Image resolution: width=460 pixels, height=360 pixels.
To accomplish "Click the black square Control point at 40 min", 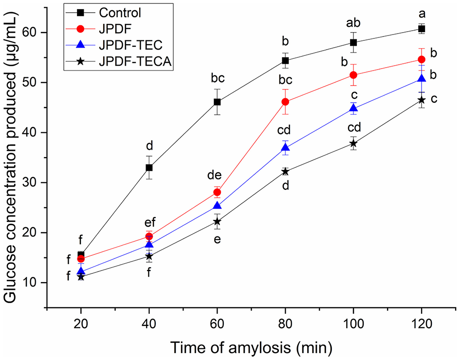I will (x=149, y=167).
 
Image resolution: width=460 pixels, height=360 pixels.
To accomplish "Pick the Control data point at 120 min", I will (x=422, y=29).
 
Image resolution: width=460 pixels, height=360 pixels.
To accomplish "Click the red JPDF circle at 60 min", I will (x=217, y=192).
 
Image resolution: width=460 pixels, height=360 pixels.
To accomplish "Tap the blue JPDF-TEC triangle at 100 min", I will (x=353, y=108).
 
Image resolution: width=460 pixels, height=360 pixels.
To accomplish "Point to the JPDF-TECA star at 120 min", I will (x=422, y=100).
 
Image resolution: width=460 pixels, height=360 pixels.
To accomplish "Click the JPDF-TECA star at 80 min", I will (x=285, y=171).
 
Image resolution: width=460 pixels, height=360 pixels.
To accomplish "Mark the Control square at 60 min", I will (x=217, y=102).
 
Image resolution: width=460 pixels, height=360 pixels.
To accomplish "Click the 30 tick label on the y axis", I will (x=34, y=182).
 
